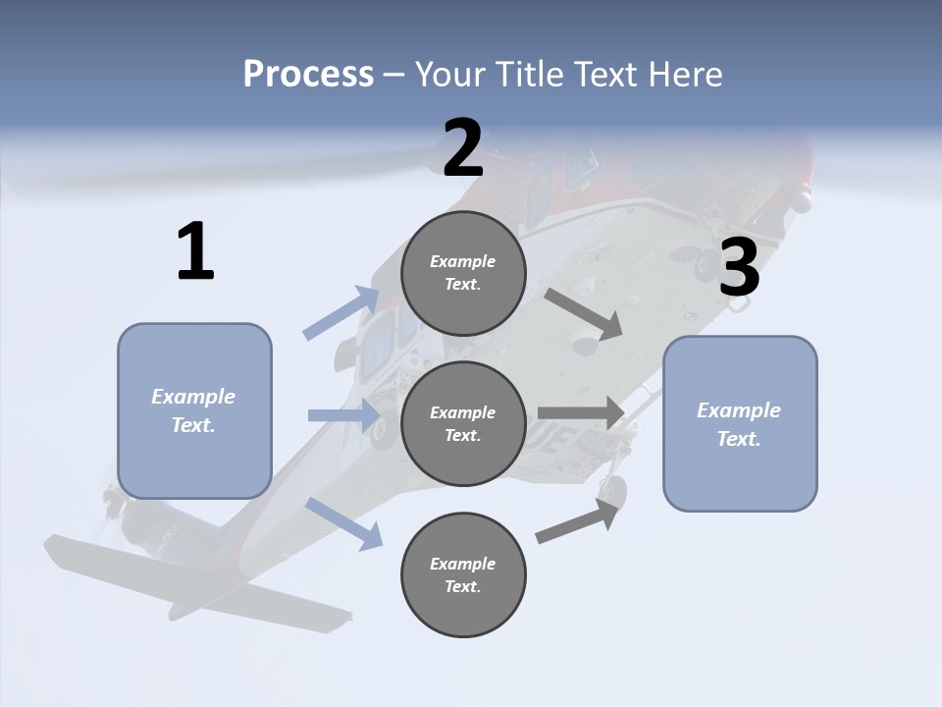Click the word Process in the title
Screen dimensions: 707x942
point(308,75)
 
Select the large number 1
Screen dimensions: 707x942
point(195,252)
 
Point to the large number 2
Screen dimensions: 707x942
point(463,148)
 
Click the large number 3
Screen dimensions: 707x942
point(739,267)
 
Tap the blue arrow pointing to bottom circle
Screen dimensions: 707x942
point(344,522)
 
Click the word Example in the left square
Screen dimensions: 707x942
point(193,397)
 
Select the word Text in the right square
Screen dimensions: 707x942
point(737,439)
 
